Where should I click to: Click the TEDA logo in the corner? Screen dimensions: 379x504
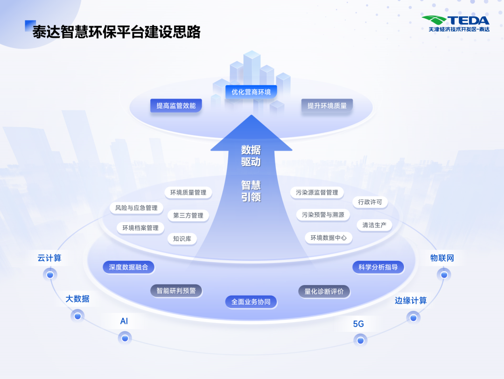click(455, 23)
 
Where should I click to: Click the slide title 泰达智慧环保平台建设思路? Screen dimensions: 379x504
click(116, 32)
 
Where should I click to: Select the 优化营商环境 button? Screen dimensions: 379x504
click(251, 92)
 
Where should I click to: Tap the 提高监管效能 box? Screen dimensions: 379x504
click(176, 106)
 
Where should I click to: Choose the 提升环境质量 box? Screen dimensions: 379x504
click(327, 106)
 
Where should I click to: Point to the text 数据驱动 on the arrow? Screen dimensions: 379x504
click(251, 156)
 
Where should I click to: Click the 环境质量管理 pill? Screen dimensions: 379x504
click(188, 192)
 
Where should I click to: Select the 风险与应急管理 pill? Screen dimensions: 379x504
click(136, 207)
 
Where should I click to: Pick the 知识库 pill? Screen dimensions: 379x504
click(182, 239)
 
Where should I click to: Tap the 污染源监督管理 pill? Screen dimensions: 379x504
click(317, 192)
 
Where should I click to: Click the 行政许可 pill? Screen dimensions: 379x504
click(370, 202)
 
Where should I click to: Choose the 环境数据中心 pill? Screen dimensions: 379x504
click(329, 237)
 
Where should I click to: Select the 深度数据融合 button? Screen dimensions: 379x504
click(128, 267)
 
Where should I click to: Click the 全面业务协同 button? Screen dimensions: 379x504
click(251, 302)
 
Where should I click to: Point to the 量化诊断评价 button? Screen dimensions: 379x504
click(324, 292)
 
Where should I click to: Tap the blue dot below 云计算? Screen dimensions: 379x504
click(50, 275)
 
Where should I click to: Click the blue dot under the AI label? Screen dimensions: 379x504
click(125, 337)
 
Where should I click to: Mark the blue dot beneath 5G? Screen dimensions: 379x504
click(360, 340)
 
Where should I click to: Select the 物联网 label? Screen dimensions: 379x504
click(442, 258)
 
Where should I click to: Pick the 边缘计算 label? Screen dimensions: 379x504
click(411, 300)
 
